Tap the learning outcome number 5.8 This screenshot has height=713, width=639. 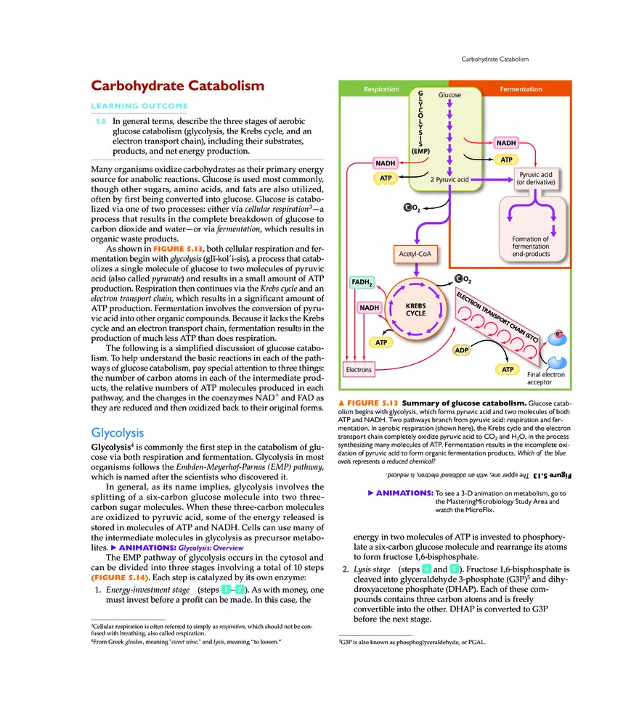click(x=102, y=121)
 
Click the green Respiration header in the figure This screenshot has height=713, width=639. click(x=381, y=89)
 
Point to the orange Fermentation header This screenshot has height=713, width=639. click(x=521, y=89)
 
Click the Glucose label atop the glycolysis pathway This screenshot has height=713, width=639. click(x=449, y=95)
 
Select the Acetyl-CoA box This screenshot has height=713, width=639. click(x=415, y=254)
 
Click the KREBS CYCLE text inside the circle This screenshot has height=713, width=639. click(x=415, y=310)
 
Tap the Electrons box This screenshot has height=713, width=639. click(x=359, y=370)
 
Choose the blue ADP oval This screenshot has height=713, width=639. click(x=461, y=350)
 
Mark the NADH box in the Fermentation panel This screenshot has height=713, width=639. click(x=506, y=143)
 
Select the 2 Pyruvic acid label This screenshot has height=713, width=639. click(x=449, y=178)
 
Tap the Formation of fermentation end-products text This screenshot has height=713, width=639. click(x=530, y=247)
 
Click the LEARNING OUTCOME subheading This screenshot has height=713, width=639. click(x=139, y=106)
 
